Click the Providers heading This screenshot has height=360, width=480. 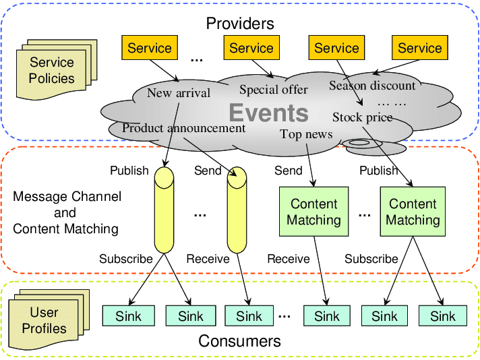click(240, 24)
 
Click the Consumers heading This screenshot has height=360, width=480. click(239, 341)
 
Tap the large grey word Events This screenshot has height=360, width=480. click(268, 113)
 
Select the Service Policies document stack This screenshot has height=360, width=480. click(51, 70)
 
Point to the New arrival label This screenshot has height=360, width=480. click(179, 93)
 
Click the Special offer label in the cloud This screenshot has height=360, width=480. click(273, 90)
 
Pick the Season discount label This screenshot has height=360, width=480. click(372, 86)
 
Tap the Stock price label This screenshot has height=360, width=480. click(362, 117)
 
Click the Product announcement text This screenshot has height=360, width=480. click(184, 127)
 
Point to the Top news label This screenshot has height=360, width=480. click(306, 134)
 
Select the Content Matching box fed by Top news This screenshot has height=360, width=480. click(313, 212)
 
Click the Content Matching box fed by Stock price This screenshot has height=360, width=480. click(413, 212)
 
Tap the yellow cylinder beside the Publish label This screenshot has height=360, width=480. click(164, 210)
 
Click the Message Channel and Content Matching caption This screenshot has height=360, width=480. click(66, 212)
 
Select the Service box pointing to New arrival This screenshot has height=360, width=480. click(150, 48)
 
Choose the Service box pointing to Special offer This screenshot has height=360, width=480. click(251, 48)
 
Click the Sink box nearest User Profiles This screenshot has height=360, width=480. click(128, 316)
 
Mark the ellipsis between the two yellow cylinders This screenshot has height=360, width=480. click(200, 214)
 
